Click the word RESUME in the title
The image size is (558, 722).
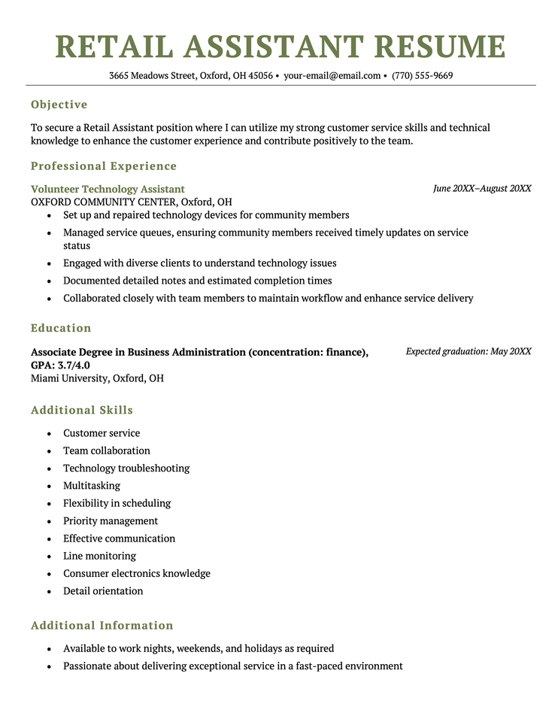440,47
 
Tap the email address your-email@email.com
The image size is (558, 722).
332,76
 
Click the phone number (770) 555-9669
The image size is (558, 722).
422,76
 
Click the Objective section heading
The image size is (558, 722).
59,105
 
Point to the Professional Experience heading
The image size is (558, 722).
104,166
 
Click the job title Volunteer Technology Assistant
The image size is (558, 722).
108,190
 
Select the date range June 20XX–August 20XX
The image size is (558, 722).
482,189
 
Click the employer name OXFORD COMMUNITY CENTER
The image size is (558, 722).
104,202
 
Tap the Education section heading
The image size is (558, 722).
61,328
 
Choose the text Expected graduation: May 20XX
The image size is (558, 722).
469,351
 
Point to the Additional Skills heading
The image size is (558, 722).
82,411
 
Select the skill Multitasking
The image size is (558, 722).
92,486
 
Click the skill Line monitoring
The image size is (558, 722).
99,556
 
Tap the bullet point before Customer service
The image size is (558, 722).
49,434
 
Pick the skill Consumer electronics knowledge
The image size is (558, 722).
137,574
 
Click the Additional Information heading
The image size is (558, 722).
102,626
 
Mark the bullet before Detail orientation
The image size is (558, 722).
49,592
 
